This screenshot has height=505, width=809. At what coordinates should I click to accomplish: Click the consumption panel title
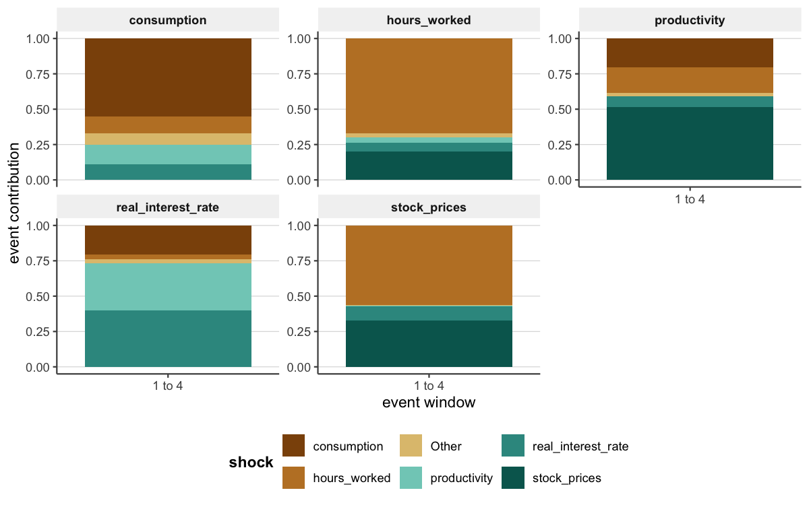point(167,20)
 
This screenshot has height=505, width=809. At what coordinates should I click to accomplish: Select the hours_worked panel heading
point(429,20)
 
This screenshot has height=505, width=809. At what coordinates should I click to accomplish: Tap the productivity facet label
point(690,20)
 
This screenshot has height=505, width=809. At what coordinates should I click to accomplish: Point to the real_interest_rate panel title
point(167,207)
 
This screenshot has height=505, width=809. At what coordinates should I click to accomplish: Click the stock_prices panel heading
point(429,207)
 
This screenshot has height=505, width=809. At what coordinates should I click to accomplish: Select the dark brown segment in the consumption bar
point(168,77)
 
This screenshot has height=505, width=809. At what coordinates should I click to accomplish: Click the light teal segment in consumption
point(168,154)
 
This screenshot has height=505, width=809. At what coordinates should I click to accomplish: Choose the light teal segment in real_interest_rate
point(168,286)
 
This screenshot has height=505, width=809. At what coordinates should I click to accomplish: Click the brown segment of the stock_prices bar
point(429,265)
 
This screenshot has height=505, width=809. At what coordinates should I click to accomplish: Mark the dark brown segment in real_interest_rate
point(168,240)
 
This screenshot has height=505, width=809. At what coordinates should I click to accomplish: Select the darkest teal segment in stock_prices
point(429,343)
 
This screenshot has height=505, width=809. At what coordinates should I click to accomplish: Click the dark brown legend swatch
point(293,445)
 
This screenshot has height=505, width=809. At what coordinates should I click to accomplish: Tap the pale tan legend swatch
point(411,445)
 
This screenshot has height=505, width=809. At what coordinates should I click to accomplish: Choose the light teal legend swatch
point(411,477)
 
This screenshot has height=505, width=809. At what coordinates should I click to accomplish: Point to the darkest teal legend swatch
point(513,477)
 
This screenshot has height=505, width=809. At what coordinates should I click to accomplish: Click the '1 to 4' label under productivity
point(690,199)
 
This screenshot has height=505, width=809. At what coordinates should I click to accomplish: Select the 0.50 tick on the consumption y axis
point(38,110)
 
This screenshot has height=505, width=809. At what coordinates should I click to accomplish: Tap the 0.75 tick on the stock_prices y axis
point(300,261)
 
